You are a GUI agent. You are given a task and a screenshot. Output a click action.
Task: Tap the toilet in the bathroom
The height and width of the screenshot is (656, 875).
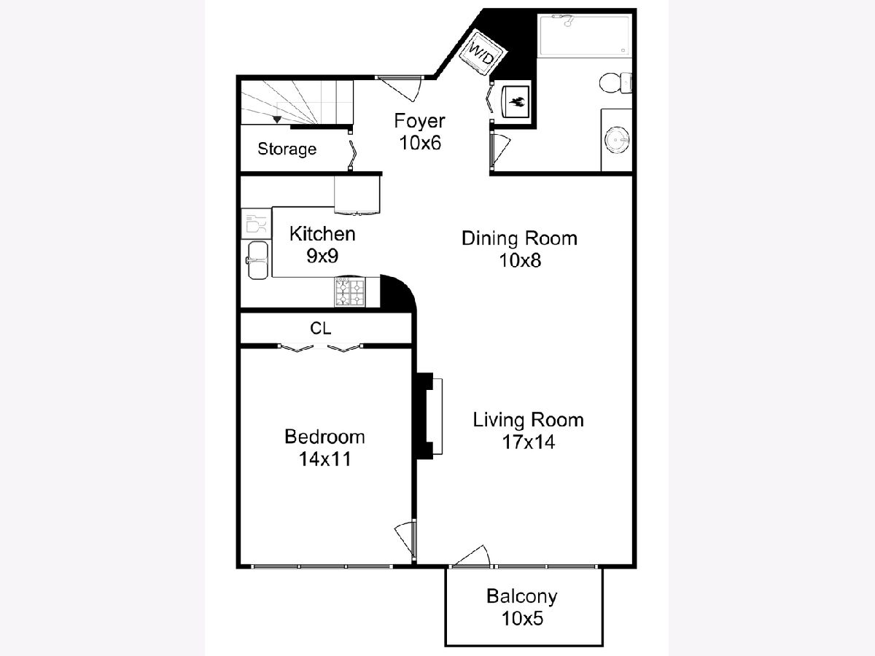click(615, 83)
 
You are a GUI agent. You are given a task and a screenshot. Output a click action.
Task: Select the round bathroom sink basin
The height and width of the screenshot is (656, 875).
click(617, 140)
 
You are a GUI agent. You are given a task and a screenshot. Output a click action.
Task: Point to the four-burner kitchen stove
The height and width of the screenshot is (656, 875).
click(350, 292)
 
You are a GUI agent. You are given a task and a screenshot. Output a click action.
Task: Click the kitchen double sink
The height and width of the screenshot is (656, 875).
click(257, 260)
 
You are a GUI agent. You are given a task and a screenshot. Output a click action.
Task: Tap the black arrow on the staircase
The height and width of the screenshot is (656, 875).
click(277, 119)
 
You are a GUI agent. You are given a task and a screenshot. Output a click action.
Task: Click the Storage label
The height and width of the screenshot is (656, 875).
click(287, 149)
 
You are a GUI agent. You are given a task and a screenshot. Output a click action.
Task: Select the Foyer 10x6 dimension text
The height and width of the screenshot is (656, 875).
click(420, 143)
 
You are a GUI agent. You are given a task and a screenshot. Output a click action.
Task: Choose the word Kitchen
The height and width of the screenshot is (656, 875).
click(322, 234)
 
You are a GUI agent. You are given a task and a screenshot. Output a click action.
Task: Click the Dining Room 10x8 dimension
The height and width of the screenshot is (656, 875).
click(520, 260)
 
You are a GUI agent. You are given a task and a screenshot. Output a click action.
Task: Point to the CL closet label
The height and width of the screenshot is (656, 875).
click(321, 328)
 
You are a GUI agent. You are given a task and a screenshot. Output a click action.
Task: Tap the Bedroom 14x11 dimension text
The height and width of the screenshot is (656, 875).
click(325, 459)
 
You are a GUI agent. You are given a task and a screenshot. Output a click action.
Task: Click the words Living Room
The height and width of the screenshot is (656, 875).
click(528, 420)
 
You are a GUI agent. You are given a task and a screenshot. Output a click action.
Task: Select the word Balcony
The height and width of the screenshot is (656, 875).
click(522, 596)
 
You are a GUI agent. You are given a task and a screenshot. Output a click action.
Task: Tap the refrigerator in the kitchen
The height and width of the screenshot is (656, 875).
click(357, 195)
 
